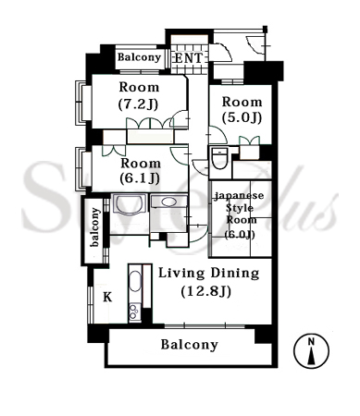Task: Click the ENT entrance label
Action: click(189, 58)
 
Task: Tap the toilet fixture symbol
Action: click(219, 158)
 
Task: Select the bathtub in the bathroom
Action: click(130, 203)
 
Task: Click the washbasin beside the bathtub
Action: click(168, 202)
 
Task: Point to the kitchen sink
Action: click(135, 280)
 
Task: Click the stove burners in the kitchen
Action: click(134, 312)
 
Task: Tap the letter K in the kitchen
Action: click(107, 297)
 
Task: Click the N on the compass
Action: click(311, 341)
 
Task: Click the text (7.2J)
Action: click(139, 104)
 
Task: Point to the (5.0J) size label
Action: click(242, 117)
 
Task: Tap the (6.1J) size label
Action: click(140, 178)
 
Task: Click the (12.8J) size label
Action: click(206, 291)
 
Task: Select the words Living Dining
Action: click(209, 274)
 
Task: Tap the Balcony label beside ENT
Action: click(139, 57)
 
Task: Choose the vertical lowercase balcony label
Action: click(95, 227)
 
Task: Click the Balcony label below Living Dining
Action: click(190, 345)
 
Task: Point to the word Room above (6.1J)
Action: click(141, 163)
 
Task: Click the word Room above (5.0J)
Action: click(242, 102)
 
